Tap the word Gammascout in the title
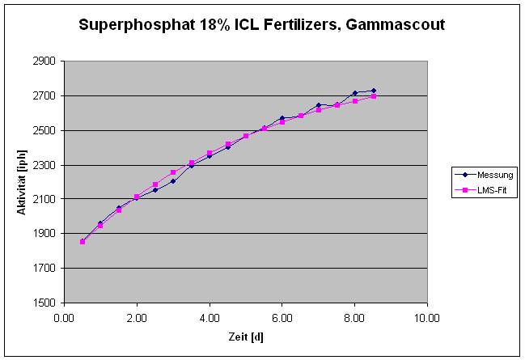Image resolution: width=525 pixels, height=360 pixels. coord(397,26)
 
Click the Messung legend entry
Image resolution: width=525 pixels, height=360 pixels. coord(491,174)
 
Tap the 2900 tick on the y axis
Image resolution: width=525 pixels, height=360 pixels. coord(44,61)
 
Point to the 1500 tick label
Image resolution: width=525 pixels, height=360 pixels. coord(44,303)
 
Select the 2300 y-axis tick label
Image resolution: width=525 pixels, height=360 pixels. coord(44,165)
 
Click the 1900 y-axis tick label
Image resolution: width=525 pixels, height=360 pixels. coord(44,234)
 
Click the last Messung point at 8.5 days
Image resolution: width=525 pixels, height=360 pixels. coord(373,91)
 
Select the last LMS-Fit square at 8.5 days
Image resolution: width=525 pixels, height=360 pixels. coord(373,96)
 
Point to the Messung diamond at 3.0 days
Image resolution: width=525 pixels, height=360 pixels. coord(173,181)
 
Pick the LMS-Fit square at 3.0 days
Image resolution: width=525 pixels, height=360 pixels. coord(173,172)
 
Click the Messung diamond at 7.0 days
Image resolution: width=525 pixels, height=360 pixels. coord(319,105)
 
